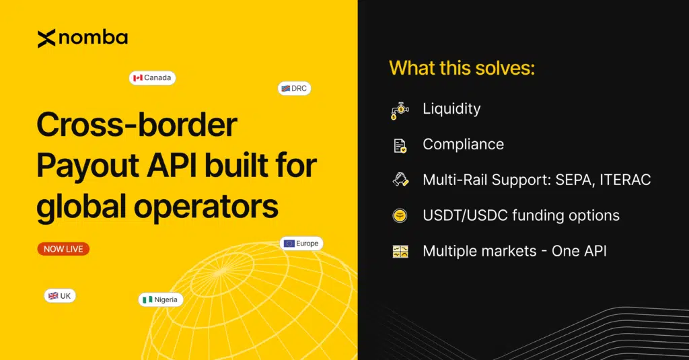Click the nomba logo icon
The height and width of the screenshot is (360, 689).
46,39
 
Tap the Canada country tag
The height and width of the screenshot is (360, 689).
152,78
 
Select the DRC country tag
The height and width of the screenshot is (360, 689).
294,89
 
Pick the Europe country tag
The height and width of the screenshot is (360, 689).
301,244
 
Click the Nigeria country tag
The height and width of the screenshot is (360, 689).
161,299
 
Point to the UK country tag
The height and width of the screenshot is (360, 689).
61,296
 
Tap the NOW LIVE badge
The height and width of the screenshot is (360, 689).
63,249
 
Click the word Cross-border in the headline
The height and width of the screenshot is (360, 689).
137,126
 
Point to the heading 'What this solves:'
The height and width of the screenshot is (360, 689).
462,68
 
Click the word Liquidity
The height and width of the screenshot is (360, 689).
451,108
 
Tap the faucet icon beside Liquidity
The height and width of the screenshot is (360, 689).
400,110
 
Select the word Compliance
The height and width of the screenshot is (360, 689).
463,144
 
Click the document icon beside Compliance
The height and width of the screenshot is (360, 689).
400,145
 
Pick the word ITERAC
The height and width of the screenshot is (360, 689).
624,180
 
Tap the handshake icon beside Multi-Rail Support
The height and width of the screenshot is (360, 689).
400,180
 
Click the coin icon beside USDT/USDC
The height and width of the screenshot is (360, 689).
400,216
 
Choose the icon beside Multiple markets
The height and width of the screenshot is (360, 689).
400,252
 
